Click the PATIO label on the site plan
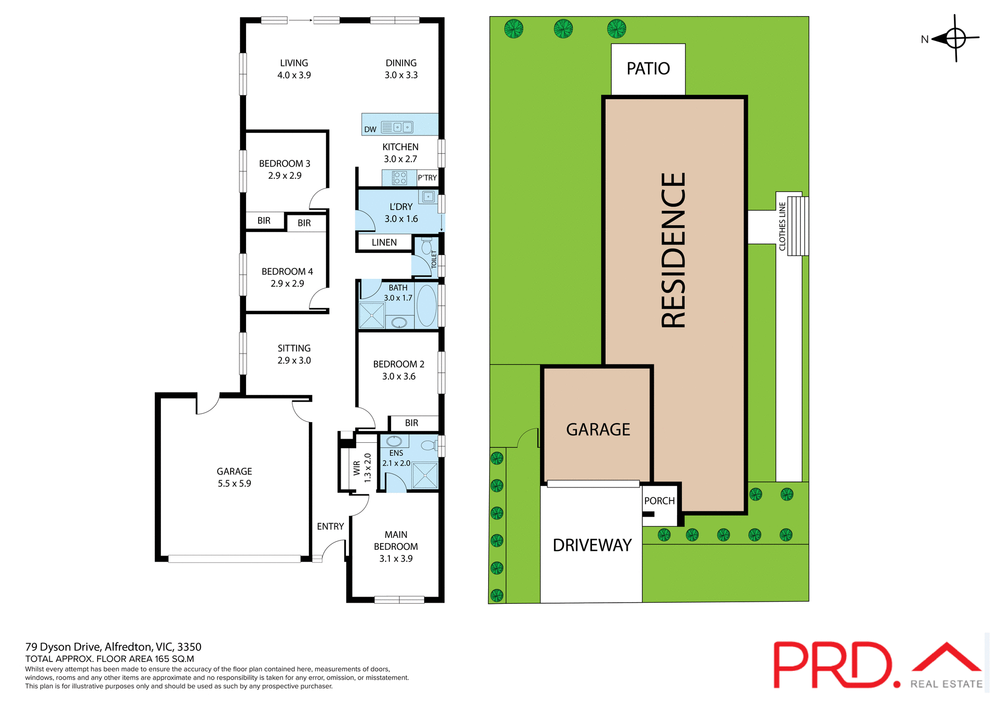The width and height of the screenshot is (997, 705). [648, 69]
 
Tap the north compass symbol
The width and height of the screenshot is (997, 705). [954, 38]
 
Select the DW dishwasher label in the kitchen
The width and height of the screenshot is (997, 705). [370, 129]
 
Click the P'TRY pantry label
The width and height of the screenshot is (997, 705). [427, 178]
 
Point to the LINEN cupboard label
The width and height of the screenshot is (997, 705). [384, 242]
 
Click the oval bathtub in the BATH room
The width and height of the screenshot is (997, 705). [426, 305]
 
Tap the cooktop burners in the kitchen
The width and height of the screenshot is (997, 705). [399, 178]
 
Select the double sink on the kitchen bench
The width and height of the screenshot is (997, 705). [403, 127]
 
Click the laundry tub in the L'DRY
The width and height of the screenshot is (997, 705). [428, 197]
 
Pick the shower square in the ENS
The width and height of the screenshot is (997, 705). [425, 476]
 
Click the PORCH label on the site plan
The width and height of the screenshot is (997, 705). [659, 501]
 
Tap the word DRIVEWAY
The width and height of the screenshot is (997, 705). [591, 545]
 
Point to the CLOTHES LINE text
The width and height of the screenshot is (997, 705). [782, 226]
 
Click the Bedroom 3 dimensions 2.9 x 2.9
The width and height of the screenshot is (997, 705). [285, 176]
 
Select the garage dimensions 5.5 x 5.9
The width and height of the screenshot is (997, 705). [234, 484]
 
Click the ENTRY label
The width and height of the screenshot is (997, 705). [330, 526]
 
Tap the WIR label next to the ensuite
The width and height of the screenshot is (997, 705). [357, 468]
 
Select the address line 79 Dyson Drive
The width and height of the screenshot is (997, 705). [113, 647]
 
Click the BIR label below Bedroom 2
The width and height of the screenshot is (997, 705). [411, 423]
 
